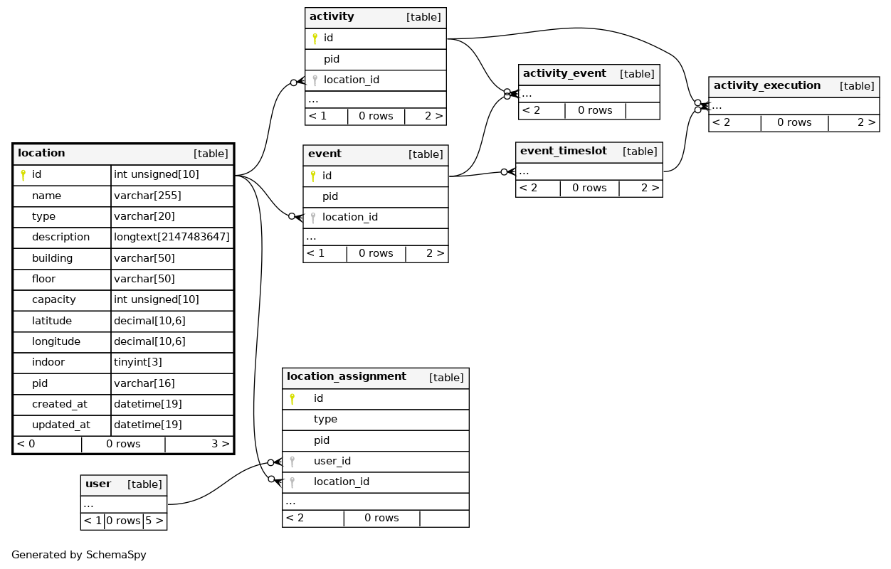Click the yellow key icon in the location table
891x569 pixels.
pyautogui.click(x=23, y=175)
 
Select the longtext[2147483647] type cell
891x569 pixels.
pyautogui.click(x=172, y=237)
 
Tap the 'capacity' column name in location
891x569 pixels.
pyautogui.click(x=53, y=299)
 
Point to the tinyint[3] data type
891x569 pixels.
pyautogui.click(x=137, y=362)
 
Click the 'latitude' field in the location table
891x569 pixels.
pyautogui.click(x=52, y=321)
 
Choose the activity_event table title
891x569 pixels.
pyautogui.click(x=564, y=73)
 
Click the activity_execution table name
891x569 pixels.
pyautogui.click(x=767, y=85)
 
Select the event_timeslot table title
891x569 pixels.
pyautogui.click(x=563, y=151)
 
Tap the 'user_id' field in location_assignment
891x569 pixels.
pyautogui.click(x=332, y=461)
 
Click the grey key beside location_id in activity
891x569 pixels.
pyautogui.click(x=315, y=80)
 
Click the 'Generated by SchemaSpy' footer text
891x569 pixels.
pyautogui.click(x=79, y=555)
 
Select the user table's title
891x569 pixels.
pyautogui.click(x=97, y=484)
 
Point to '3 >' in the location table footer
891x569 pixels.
pyautogui.click(x=221, y=444)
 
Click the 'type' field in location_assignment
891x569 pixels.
pyautogui.click(x=325, y=419)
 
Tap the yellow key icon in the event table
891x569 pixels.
pyautogui.click(x=313, y=176)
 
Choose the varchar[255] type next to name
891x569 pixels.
pyautogui.click(x=147, y=196)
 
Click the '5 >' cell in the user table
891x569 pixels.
pyautogui.click(x=154, y=521)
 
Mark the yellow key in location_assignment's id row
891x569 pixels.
pyautogui.click(x=292, y=399)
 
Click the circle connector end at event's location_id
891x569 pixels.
pyautogui.click(x=292, y=216)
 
